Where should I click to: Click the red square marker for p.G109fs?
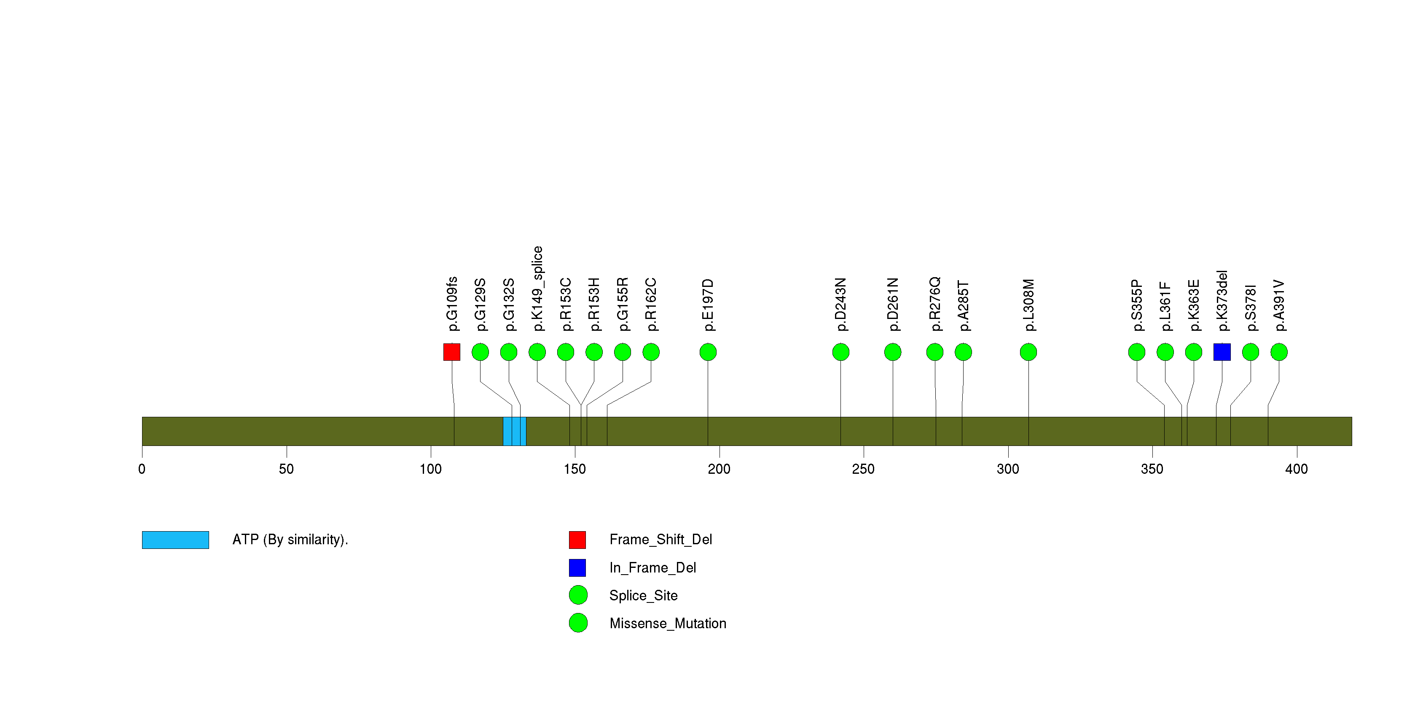point(451,352)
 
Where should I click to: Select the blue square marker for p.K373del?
point(1222,352)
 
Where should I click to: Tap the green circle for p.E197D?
point(708,352)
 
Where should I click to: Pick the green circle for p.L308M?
point(1028,352)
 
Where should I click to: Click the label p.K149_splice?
point(537,289)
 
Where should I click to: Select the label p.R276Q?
point(934,304)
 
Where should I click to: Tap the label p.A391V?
point(1278,305)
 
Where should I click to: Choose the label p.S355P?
point(1136,305)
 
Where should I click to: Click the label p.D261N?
point(892,305)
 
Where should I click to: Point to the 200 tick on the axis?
point(719,451)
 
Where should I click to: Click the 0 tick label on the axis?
point(142,469)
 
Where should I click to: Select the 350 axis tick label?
point(1152,469)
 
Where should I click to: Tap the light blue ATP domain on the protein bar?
point(514,431)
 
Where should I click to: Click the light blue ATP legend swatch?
point(175,540)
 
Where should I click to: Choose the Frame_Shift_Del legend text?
point(660,540)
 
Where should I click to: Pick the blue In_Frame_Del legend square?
point(577,567)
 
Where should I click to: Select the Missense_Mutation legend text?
point(668,624)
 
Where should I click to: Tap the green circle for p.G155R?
point(622,352)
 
